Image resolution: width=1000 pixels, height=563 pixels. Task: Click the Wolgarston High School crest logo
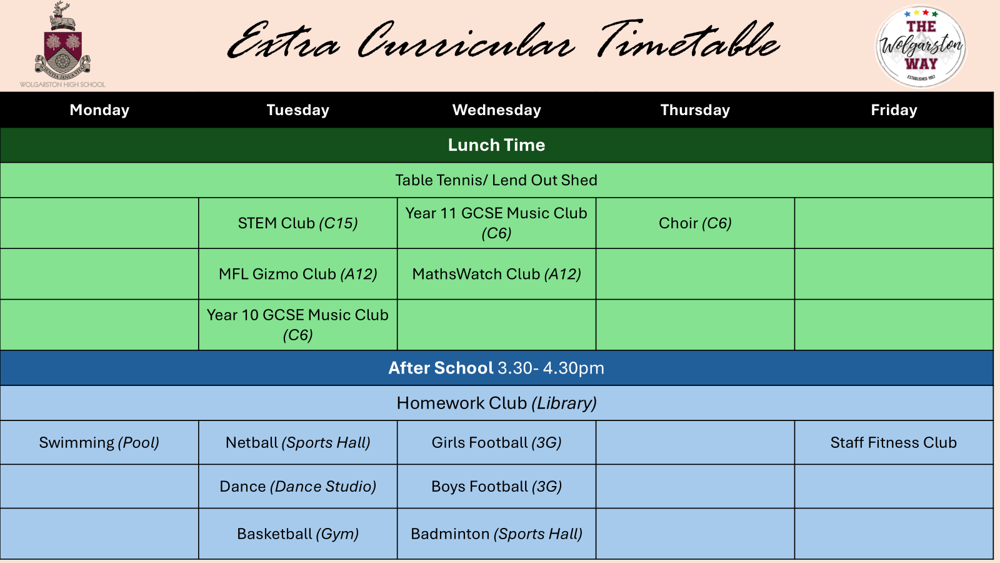click(x=62, y=44)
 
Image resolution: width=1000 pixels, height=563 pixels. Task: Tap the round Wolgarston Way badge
click(x=921, y=46)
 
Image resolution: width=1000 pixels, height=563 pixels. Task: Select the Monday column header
click(x=99, y=110)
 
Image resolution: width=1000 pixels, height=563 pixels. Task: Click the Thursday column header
click(x=695, y=110)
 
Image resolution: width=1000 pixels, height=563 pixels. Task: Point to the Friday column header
click(x=894, y=110)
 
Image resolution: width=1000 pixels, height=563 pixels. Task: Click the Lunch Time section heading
click(x=496, y=145)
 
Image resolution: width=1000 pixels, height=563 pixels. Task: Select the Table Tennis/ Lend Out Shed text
click(x=496, y=180)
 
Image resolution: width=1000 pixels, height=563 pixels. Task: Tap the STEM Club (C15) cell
click(x=297, y=223)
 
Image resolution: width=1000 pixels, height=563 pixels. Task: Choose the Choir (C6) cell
click(x=695, y=223)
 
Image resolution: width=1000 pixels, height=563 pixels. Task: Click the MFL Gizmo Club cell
click(x=297, y=274)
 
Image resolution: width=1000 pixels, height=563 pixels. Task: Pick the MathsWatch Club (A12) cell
click(x=496, y=274)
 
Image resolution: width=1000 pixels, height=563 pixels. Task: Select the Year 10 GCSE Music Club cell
click(x=297, y=325)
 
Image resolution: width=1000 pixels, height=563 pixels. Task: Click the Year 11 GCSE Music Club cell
click(x=496, y=223)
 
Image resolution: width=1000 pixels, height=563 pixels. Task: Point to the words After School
click(x=441, y=368)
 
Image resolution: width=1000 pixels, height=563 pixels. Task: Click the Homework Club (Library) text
click(x=496, y=403)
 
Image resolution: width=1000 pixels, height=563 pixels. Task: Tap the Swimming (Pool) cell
click(x=99, y=442)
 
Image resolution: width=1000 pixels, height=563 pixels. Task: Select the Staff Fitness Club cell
click(x=894, y=442)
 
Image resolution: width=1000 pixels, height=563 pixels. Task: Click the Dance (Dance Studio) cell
click(x=297, y=486)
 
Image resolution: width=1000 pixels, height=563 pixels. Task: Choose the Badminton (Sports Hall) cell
click(x=496, y=534)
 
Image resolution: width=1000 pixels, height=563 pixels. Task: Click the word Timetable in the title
click(x=687, y=39)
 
